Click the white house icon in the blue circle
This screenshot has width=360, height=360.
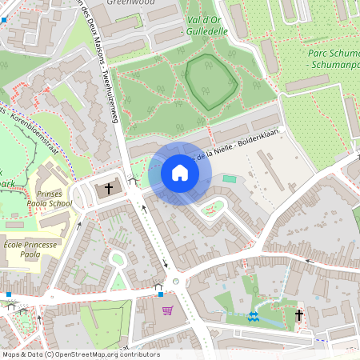[180, 173]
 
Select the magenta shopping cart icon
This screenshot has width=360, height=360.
[167, 310]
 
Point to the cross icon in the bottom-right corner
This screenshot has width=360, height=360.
[301, 315]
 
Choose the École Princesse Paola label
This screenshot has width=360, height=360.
[33, 249]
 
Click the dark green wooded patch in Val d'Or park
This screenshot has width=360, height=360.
[210, 81]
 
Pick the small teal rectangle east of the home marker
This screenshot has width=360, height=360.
[230, 179]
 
